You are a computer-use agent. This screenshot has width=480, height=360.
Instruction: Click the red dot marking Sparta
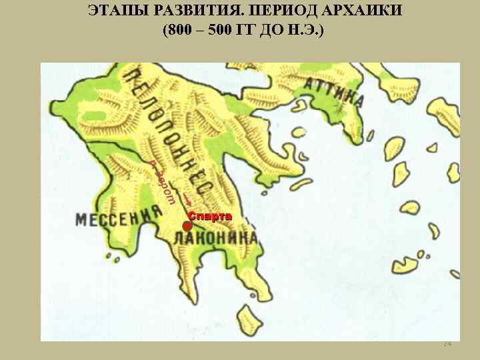point(187,227)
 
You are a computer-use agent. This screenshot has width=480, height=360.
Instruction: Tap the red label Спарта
point(209,217)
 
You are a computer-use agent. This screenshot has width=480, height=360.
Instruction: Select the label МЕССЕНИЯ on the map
point(119,216)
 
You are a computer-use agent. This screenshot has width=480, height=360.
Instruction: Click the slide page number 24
point(447,343)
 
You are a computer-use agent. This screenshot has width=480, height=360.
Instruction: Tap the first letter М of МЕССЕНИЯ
point(81,221)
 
